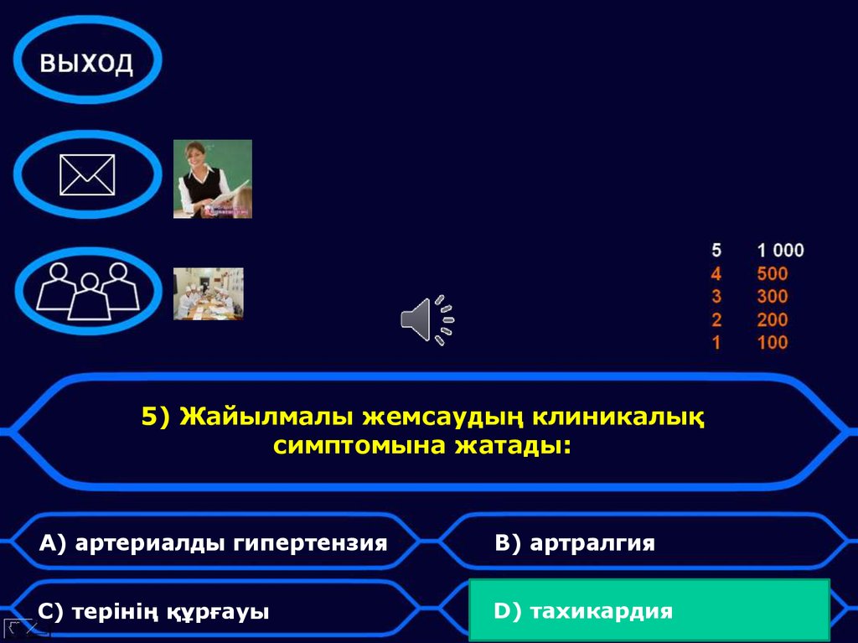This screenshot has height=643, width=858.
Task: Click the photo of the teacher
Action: pos(213,179)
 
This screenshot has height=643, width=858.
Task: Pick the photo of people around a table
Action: pos(209,293)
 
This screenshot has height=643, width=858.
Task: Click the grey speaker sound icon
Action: pos(426,320)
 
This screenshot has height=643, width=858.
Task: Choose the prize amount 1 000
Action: pos(779,250)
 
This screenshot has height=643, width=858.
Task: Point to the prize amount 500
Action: pos(772,273)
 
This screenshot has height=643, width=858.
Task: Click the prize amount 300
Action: pos(772,296)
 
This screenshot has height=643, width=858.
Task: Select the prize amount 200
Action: pos(772,319)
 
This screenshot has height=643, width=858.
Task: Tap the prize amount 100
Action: pos(772,342)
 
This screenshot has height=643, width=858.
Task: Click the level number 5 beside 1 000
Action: pos(716,250)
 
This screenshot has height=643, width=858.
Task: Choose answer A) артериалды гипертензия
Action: pos(214,543)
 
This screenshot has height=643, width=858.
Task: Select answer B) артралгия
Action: pos(575,543)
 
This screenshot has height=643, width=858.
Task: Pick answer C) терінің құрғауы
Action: pos(154,612)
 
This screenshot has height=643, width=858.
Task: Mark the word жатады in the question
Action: pos(512,445)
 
